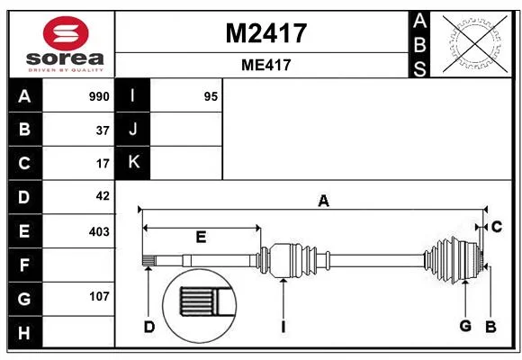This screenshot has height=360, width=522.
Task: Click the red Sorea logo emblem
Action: (66, 33)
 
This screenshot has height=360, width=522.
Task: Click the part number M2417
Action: (266, 33)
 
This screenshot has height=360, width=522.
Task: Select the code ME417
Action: (266, 65)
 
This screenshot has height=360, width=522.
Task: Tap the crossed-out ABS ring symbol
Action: (475, 44)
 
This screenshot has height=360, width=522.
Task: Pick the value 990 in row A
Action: (99, 96)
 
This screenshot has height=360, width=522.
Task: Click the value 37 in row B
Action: (103, 130)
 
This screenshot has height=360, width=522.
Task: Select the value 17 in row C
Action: (103, 164)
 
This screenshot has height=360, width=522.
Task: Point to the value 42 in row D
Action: (103, 196)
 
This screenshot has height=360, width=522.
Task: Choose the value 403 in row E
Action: (99, 231)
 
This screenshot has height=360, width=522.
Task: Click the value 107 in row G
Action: (99, 296)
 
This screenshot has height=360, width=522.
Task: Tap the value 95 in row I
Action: (211, 96)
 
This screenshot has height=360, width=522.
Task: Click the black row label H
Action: (25, 332)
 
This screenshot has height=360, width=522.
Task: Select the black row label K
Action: (132, 163)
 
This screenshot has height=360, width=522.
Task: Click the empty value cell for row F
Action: (78, 265)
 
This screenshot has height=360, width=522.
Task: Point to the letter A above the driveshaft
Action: (323, 201)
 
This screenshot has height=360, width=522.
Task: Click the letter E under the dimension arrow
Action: (201, 237)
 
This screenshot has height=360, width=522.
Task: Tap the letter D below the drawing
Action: (149, 327)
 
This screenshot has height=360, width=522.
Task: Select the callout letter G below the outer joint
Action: (465, 326)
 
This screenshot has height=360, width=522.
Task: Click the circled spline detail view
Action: (200, 306)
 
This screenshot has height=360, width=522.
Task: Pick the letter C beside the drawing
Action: (497, 227)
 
